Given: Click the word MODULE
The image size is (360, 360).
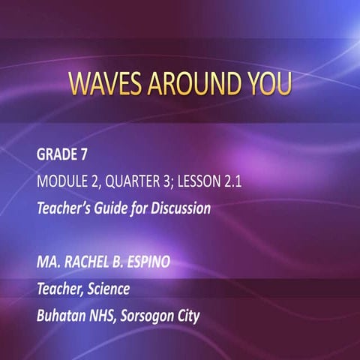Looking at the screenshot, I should (65, 182).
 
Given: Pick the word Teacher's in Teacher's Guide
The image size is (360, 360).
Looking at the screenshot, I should (66, 208).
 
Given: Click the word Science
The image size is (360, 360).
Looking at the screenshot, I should (111, 289).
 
